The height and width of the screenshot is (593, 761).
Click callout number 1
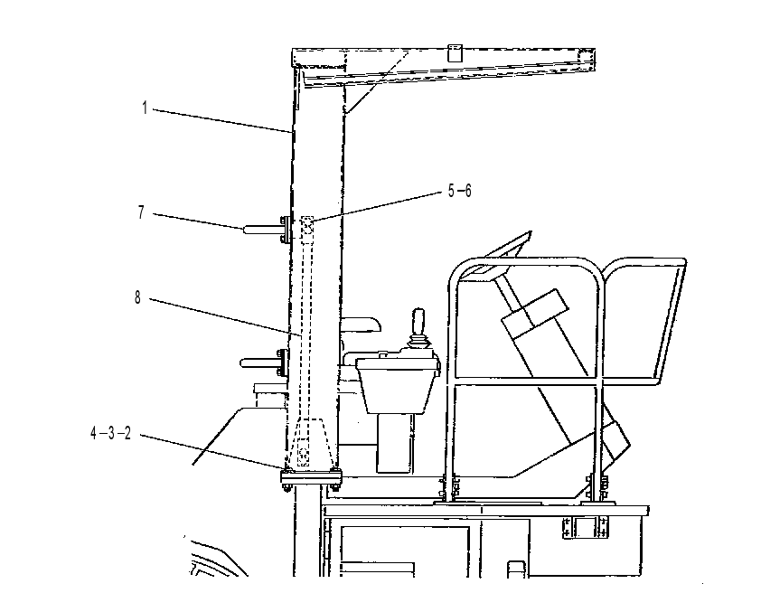coord(145,108)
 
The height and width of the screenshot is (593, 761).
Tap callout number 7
coord(141,212)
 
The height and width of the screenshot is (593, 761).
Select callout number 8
coord(138,297)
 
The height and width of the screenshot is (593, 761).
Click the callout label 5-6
coord(459,191)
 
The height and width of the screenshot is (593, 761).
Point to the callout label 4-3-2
coord(110,433)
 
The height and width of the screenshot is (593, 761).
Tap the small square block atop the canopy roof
coord(455,53)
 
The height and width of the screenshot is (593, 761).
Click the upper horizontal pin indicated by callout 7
coord(262,229)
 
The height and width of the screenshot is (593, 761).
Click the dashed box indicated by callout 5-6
coord(306,225)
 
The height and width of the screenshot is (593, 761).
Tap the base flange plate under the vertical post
coord(311,478)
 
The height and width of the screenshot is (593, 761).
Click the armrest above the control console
coord(362,325)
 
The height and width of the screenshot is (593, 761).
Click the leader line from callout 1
coord(223,120)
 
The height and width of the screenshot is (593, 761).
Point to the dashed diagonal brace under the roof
coord(377,81)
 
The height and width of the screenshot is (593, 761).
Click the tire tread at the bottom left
coord(213,558)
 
